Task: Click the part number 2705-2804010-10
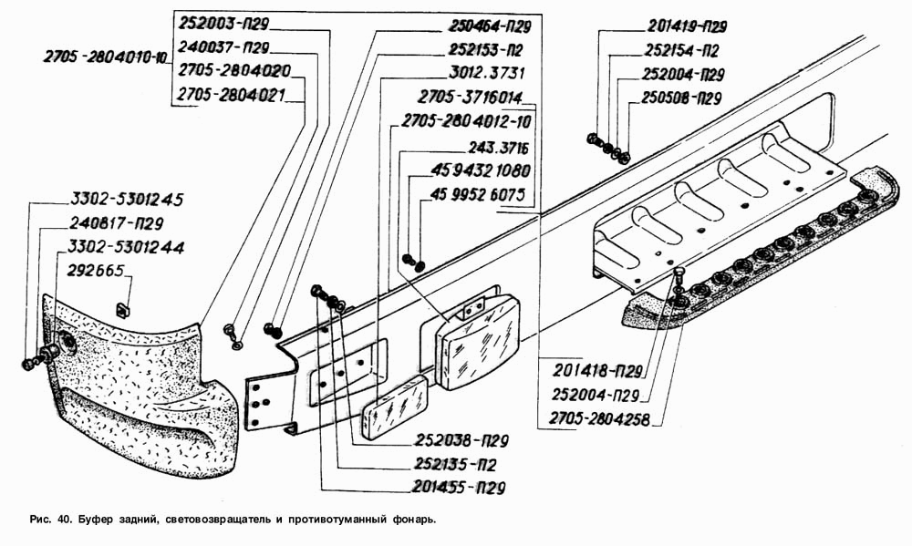point(105,57)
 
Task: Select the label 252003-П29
point(223,24)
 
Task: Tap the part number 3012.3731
point(487,73)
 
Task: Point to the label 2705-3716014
point(471,98)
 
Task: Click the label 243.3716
point(499,148)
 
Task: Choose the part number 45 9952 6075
point(478,194)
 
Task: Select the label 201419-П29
point(687,26)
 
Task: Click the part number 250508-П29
point(681,98)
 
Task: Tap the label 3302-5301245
point(127,200)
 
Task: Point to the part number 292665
point(96,271)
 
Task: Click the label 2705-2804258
point(599,418)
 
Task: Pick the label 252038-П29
point(461,440)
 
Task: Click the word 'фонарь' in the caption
point(413,519)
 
